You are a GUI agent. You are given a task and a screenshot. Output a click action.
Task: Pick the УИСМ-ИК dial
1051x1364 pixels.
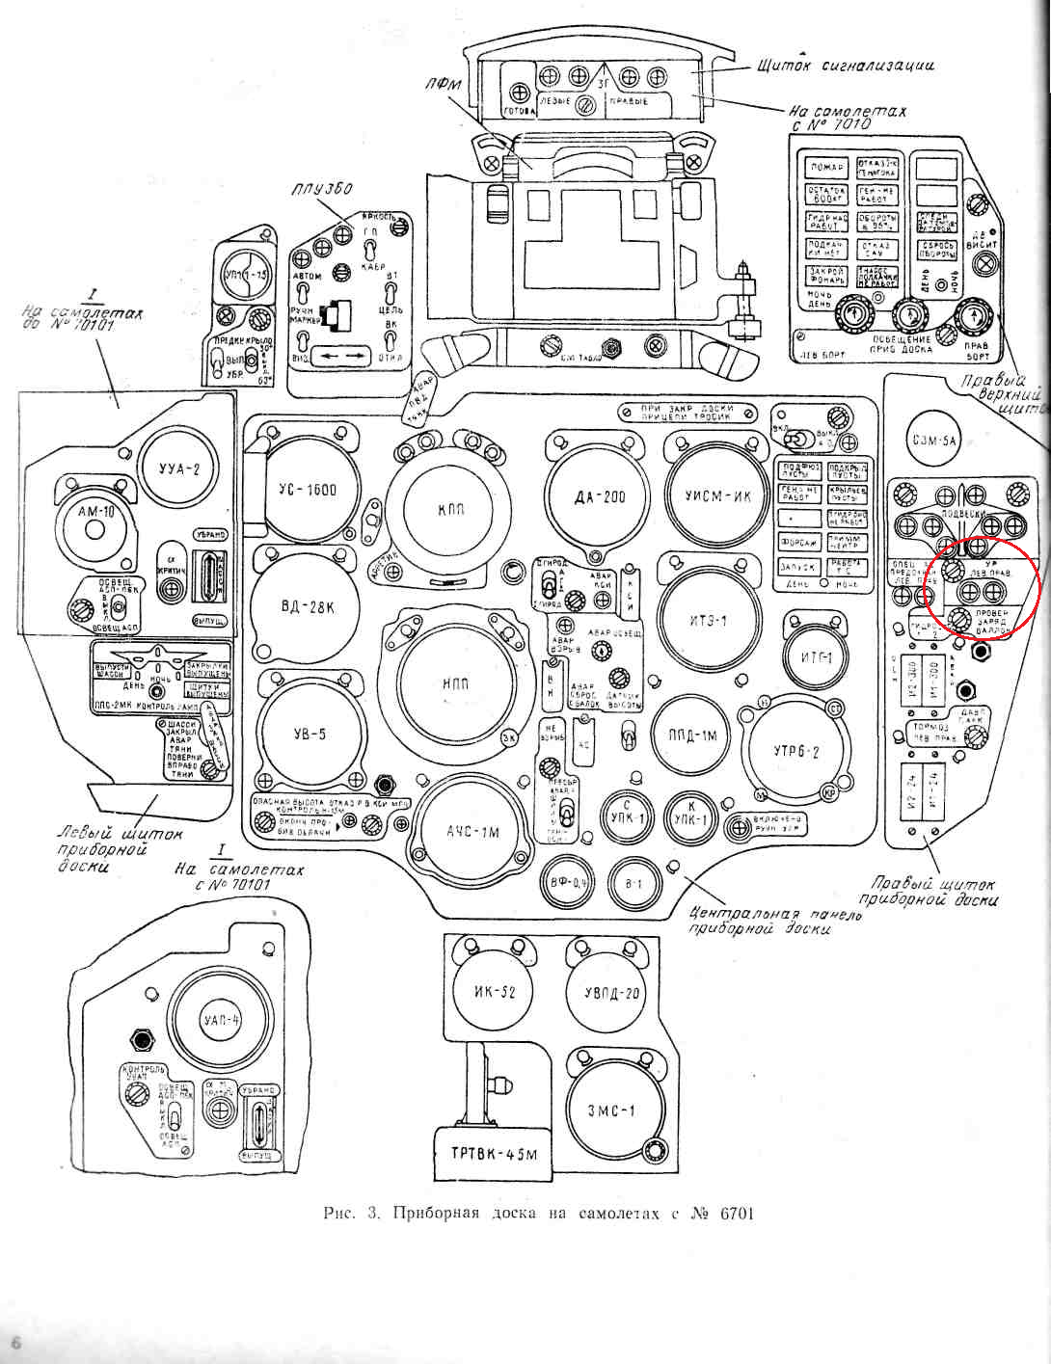(717, 495)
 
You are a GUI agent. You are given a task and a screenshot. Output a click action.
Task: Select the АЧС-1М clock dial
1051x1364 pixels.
(472, 831)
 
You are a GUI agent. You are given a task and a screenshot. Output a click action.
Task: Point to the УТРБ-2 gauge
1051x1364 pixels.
(796, 752)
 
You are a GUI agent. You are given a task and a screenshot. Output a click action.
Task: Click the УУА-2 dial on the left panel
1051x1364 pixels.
(179, 471)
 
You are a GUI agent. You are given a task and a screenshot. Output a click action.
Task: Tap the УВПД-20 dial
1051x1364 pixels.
(613, 994)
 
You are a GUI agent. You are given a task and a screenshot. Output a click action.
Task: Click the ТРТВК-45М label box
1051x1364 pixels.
(493, 1153)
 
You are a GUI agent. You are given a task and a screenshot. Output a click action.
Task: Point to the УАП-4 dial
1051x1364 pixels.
(223, 1020)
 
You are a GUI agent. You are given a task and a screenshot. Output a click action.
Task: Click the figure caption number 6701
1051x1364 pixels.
(737, 1213)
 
